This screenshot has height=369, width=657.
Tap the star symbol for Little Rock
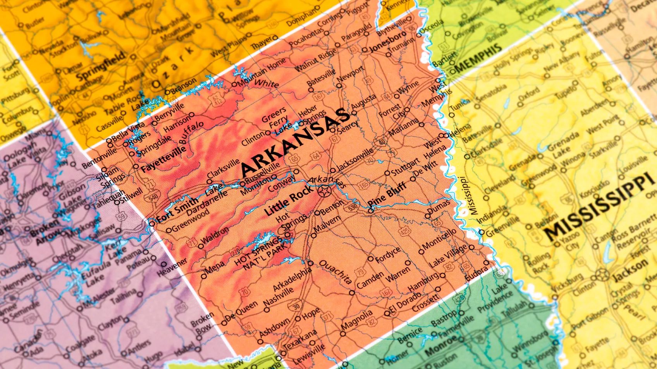(x=323, y=191)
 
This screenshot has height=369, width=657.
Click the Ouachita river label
(x=335, y=273)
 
